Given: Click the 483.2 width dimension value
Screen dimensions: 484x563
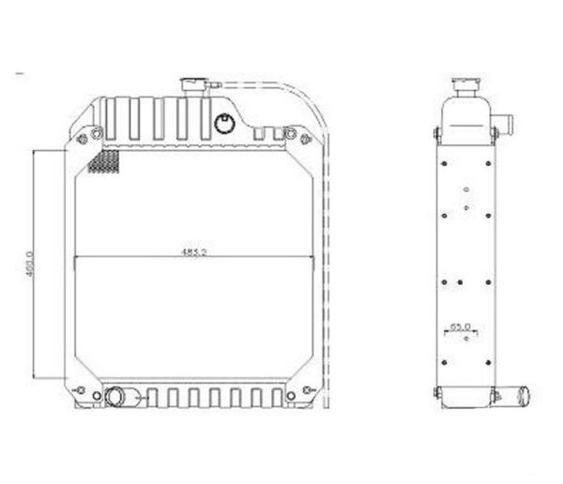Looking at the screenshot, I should [194, 251].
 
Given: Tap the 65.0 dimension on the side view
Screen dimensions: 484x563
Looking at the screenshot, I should [460, 326].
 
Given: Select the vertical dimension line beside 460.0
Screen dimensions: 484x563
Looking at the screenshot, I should [38, 263].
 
